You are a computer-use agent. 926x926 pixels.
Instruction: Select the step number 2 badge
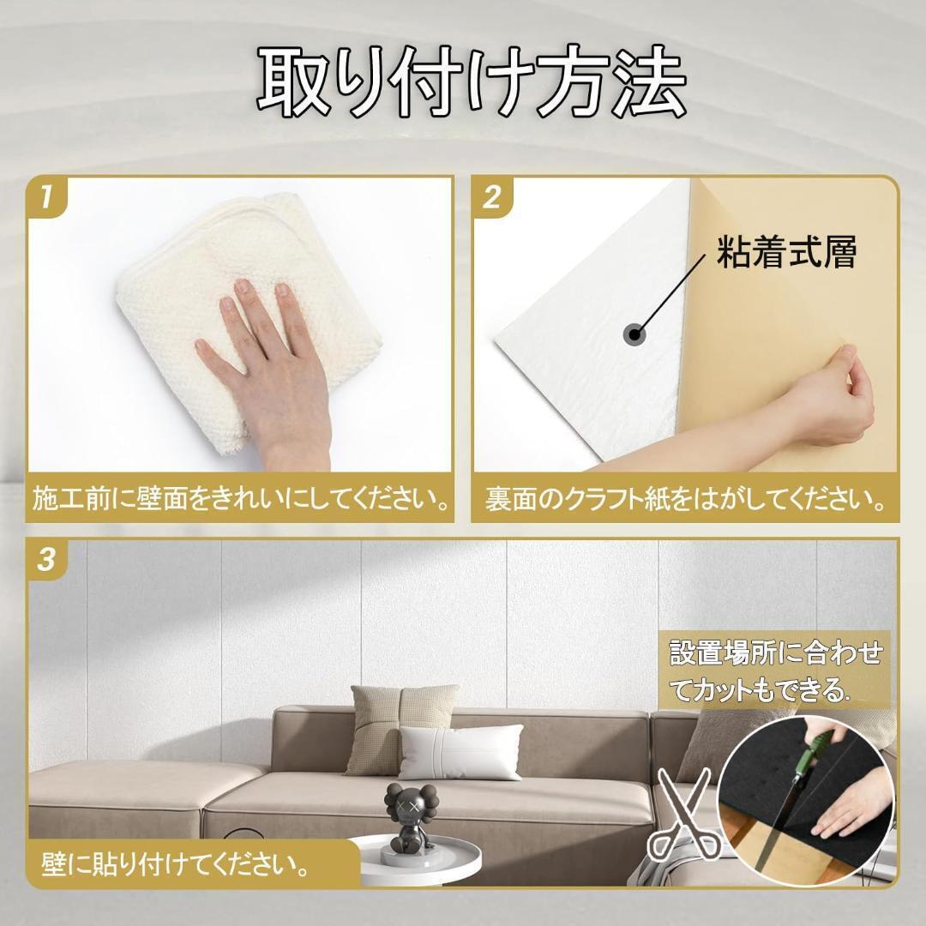click(x=491, y=198)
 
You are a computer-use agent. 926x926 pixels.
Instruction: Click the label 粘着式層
click(x=786, y=254)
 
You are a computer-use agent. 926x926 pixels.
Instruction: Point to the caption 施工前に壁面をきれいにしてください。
click(x=241, y=499)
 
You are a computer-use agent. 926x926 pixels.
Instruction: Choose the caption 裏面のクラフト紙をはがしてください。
click(x=685, y=499)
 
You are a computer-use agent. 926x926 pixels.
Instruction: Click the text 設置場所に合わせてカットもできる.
click(x=775, y=670)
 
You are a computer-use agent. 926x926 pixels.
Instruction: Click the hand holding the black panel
click(x=853, y=806)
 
